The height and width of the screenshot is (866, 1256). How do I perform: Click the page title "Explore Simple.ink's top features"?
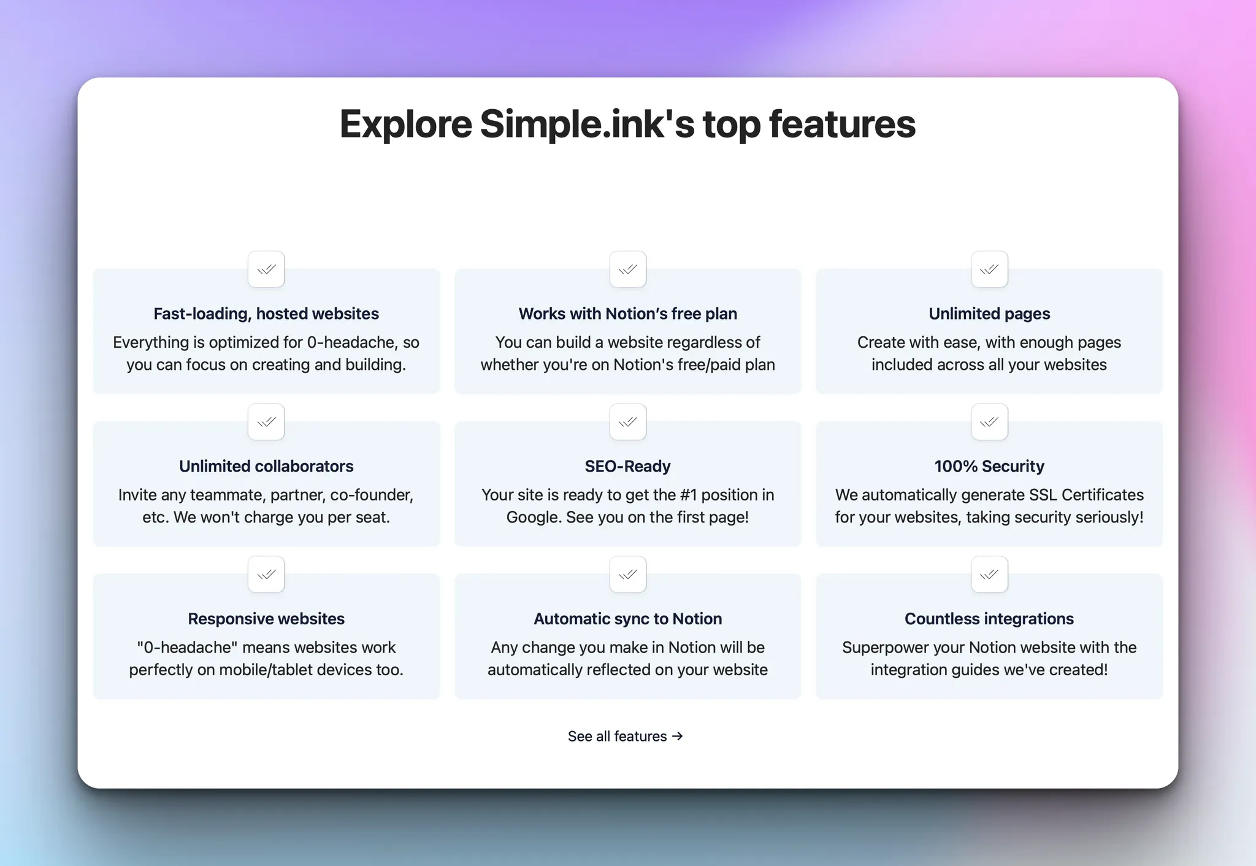click(627, 124)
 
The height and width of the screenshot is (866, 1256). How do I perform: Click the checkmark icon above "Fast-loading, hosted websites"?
click(266, 269)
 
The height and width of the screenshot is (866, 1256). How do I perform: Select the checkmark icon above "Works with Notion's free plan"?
click(628, 269)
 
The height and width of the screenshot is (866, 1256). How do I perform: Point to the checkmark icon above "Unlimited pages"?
click(989, 269)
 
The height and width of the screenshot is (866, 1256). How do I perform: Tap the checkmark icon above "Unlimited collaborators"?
click(266, 422)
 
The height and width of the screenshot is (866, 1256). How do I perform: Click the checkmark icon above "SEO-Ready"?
click(628, 422)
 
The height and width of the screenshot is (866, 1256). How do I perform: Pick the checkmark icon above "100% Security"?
click(989, 422)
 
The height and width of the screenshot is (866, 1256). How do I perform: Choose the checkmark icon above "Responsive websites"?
click(266, 575)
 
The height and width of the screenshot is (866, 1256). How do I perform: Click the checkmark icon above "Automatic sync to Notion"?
click(628, 575)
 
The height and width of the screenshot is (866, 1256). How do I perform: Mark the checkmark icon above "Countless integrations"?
click(989, 575)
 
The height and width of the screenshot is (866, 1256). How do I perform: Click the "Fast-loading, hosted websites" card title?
click(266, 314)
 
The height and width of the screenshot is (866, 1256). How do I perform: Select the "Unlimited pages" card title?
click(989, 314)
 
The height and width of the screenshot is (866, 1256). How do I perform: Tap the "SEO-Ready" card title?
click(628, 467)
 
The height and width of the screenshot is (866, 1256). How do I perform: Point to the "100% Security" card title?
click(989, 467)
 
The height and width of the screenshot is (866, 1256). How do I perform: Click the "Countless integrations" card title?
click(989, 619)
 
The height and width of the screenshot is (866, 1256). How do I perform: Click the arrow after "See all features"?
click(677, 736)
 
